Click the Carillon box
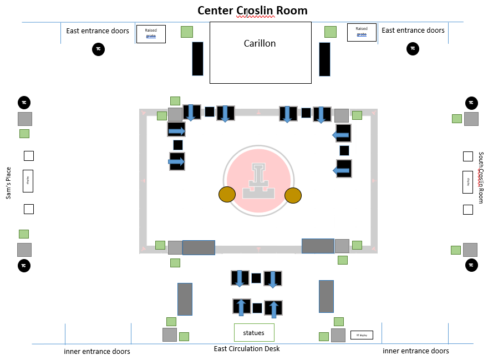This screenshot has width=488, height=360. click(x=260, y=53)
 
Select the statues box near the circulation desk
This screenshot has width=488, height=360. click(x=254, y=333)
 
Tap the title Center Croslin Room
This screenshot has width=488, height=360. click(x=252, y=11)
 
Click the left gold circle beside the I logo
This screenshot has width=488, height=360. click(x=227, y=195)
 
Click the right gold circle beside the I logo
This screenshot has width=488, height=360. click(x=293, y=196)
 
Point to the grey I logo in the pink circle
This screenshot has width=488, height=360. click(x=258, y=181)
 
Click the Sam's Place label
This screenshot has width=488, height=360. click(x=8, y=182)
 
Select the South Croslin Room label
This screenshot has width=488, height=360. click(x=481, y=178)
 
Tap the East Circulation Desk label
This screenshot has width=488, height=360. click(x=247, y=349)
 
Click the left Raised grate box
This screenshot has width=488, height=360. click(x=151, y=34)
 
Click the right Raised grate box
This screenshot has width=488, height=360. click(x=362, y=32)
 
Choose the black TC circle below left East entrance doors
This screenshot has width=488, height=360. click(x=98, y=49)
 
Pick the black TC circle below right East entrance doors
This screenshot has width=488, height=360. click(x=413, y=49)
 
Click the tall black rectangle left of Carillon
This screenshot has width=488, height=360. click(x=197, y=58)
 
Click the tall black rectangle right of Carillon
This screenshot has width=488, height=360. click(x=324, y=59)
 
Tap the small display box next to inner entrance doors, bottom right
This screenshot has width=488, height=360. click(x=362, y=335)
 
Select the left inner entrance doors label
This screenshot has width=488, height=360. click(x=97, y=351)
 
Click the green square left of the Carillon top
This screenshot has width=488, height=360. click(x=187, y=32)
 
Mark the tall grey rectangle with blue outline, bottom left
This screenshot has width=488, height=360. click(x=185, y=299)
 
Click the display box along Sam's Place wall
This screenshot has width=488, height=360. click(x=28, y=181)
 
